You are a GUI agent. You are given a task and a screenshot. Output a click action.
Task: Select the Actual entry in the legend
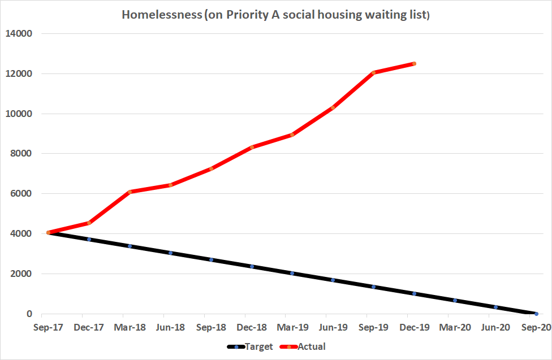[x=311, y=346]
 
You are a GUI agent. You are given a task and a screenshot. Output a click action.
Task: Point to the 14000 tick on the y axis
[x=19, y=34]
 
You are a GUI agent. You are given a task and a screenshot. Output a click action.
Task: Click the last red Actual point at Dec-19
[x=414, y=64]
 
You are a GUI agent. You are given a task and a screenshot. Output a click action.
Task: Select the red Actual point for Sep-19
[x=373, y=72]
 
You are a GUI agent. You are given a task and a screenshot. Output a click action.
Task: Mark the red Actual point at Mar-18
[x=130, y=192]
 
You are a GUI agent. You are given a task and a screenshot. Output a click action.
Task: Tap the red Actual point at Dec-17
[x=89, y=223]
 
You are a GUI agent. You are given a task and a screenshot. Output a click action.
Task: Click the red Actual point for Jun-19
[x=333, y=108]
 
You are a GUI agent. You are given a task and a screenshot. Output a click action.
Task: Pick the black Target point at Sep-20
[x=536, y=314]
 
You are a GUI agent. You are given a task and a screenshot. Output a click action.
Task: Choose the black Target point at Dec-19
[x=414, y=294]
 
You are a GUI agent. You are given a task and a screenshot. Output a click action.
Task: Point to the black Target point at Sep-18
[x=211, y=260]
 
